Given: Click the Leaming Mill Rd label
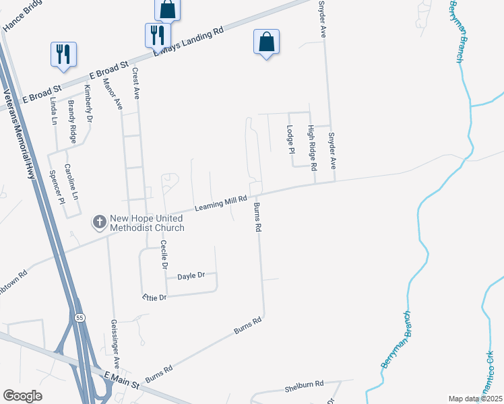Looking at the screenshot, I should pyautogui.click(x=222, y=201).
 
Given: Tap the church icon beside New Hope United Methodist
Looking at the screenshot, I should pyautogui.click(x=99, y=222).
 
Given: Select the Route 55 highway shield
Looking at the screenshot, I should pyautogui.click(x=80, y=317).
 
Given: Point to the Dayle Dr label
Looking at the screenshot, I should pyautogui.click(x=190, y=276).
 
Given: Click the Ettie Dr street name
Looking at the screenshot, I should pyautogui.click(x=154, y=297).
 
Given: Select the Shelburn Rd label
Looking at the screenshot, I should pyautogui.click(x=304, y=384).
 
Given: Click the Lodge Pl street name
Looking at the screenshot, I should pyautogui.click(x=291, y=139).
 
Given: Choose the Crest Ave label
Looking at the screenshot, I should pyautogui.click(x=135, y=83).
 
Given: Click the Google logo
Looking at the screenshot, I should pyautogui.click(x=22, y=396).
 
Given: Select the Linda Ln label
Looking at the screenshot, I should pyautogui.click(x=54, y=112).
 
